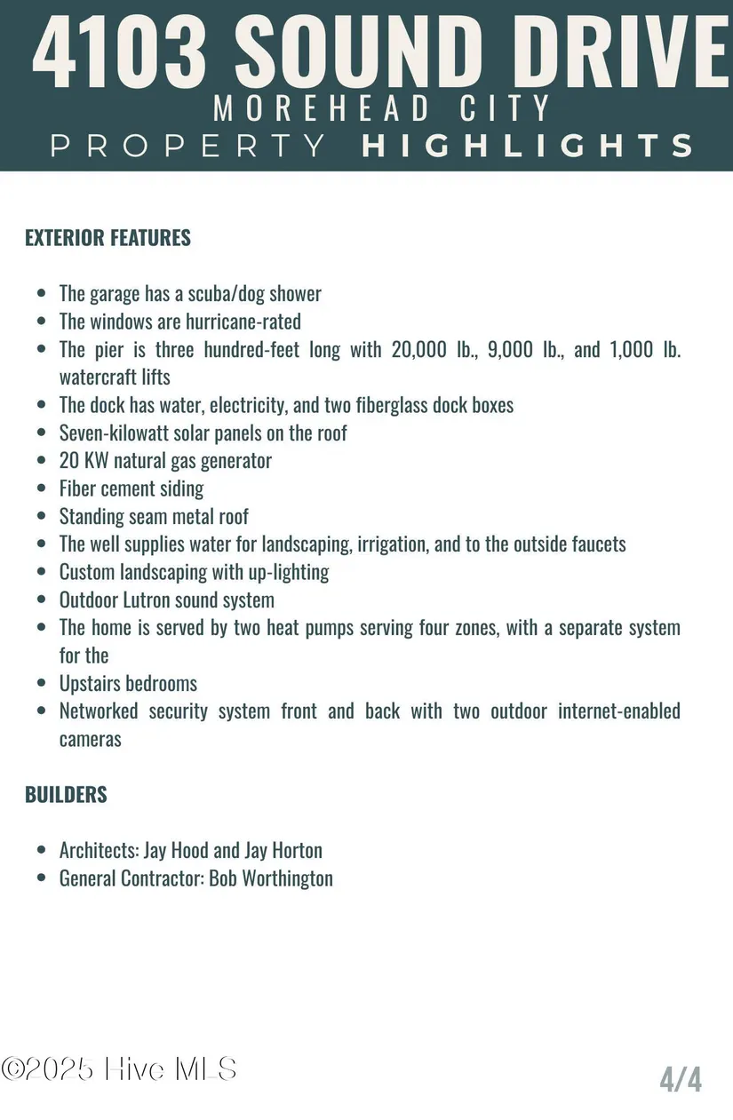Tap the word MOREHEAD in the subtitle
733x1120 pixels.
coord(318,108)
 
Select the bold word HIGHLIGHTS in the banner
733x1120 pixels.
coord(528,146)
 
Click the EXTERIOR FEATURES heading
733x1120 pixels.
coord(108,238)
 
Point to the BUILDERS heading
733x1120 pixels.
coord(66,795)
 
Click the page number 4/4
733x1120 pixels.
coord(681,1079)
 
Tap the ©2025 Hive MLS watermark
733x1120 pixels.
coord(119,1068)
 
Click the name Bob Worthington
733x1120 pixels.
coord(271,878)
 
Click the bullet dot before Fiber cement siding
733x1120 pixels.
coord(41,489)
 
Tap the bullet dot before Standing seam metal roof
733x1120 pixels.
coord(41,517)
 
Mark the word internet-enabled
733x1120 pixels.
coord(619,711)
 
